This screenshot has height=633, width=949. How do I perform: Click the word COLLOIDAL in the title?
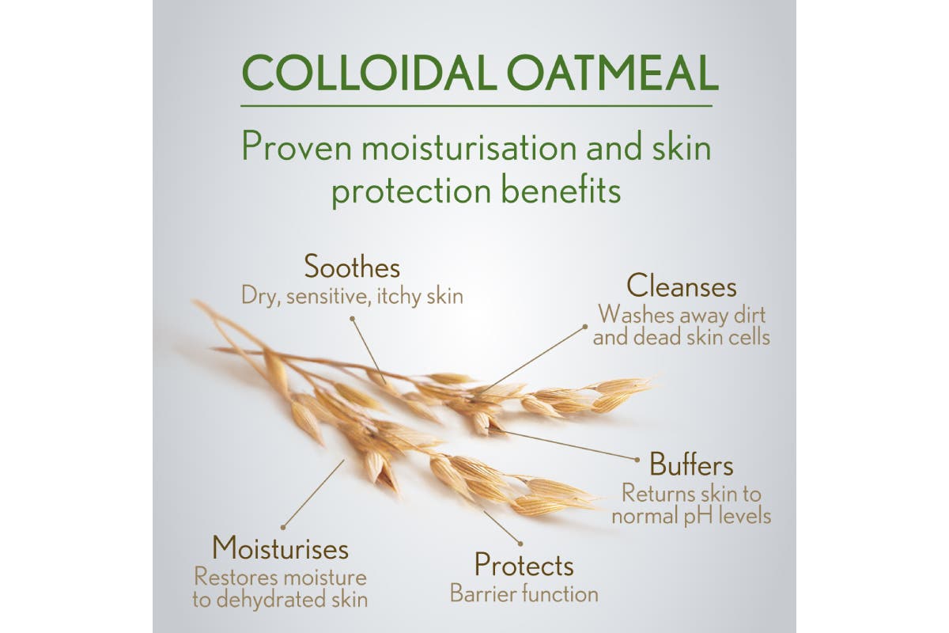(x=369, y=73)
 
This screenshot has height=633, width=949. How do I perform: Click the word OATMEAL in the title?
(x=613, y=73)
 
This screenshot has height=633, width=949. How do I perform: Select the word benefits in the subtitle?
(x=561, y=191)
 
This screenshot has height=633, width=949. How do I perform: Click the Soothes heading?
(x=352, y=267)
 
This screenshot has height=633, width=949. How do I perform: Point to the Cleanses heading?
(x=682, y=286)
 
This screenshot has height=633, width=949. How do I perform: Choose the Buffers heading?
(x=691, y=464)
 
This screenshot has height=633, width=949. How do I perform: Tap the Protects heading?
(x=524, y=565)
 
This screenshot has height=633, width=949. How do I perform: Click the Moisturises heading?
(x=280, y=548)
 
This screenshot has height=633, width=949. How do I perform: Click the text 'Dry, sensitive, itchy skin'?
(x=352, y=296)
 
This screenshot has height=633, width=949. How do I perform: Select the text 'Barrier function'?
(x=524, y=593)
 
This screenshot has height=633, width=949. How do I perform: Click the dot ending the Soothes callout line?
(x=352, y=318)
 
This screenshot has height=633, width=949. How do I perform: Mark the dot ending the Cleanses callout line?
(x=585, y=327)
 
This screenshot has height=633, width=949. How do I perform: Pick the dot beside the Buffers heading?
(x=637, y=460)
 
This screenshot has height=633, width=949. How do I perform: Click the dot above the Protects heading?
(x=520, y=544)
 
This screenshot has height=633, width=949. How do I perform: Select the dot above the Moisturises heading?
(x=283, y=528)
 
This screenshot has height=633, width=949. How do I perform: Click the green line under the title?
(x=477, y=105)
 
